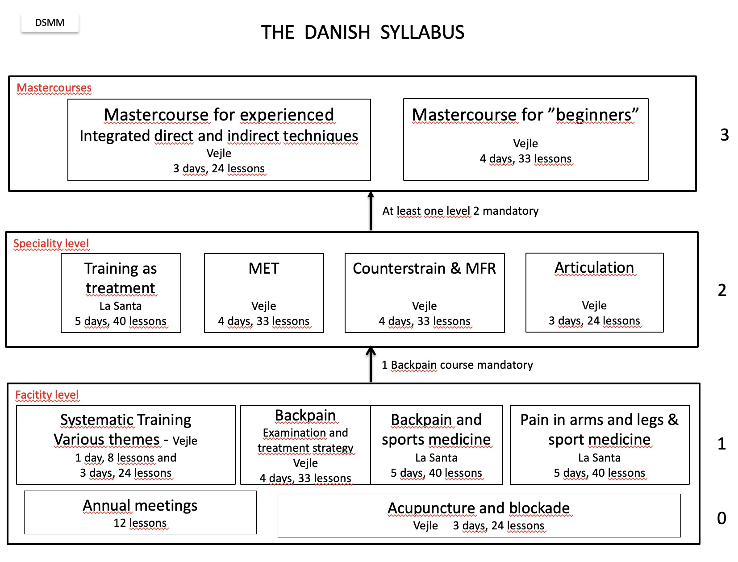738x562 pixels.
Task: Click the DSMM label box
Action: [50, 23]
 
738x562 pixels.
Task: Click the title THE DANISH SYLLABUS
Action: [363, 33]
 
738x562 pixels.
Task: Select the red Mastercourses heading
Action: [54, 88]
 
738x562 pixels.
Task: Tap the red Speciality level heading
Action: [51, 244]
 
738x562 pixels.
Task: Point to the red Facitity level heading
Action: [47, 395]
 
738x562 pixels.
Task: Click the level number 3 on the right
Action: [724, 135]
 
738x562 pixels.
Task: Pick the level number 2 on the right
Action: [721, 290]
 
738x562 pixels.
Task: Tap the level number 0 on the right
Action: [721, 518]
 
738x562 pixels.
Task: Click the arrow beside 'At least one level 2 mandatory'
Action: [371, 211]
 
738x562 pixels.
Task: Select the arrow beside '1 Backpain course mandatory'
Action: [371, 365]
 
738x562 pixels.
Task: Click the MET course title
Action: [263, 269]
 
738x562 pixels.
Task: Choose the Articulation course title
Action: [594, 268]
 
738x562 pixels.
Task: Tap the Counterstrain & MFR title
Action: [424, 269]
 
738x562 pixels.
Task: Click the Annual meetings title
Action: [140, 506]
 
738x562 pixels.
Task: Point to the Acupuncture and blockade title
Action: [478, 508]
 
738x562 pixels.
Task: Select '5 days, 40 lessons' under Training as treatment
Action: [121, 321]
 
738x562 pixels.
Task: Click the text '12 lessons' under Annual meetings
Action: [140, 523]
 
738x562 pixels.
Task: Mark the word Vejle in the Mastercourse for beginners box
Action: [525, 144]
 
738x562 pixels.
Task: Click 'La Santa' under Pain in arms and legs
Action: [599, 458]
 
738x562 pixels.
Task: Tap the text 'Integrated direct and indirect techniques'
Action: [219, 136]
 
